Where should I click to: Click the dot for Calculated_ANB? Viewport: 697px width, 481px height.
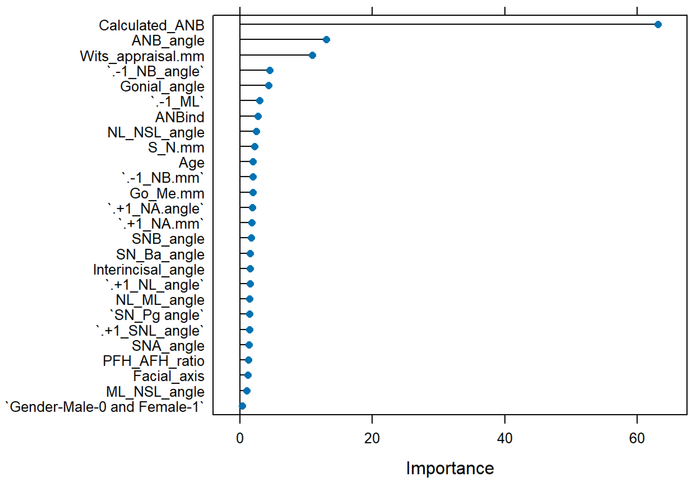point(658,25)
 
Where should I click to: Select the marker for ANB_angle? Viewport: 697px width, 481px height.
point(326,40)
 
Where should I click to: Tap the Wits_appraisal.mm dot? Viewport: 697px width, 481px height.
point(312,55)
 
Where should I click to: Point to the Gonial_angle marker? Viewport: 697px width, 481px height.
point(269,86)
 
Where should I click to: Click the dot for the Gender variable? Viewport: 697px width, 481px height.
point(242,406)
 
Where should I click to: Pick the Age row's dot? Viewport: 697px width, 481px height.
point(253,162)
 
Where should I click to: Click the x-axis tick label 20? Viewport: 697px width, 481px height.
point(372,439)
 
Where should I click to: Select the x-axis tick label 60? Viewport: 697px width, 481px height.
point(637,439)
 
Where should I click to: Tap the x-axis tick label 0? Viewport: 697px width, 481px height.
point(240,439)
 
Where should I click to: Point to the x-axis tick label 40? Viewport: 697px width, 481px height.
point(505,439)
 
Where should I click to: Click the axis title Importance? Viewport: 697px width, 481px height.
point(450,468)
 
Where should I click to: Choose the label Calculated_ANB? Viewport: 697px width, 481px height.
point(152,25)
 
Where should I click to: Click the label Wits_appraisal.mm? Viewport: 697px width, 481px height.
point(142,56)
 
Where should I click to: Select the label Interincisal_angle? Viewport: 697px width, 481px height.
point(149,270)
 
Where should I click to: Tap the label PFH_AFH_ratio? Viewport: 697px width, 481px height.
point(153,361)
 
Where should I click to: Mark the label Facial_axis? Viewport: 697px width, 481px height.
point(169,376)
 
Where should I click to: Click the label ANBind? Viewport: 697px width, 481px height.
point(180,117)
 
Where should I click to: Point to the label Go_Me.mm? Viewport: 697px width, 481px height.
point(167,194)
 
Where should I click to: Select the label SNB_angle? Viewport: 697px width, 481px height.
point(168,239)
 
